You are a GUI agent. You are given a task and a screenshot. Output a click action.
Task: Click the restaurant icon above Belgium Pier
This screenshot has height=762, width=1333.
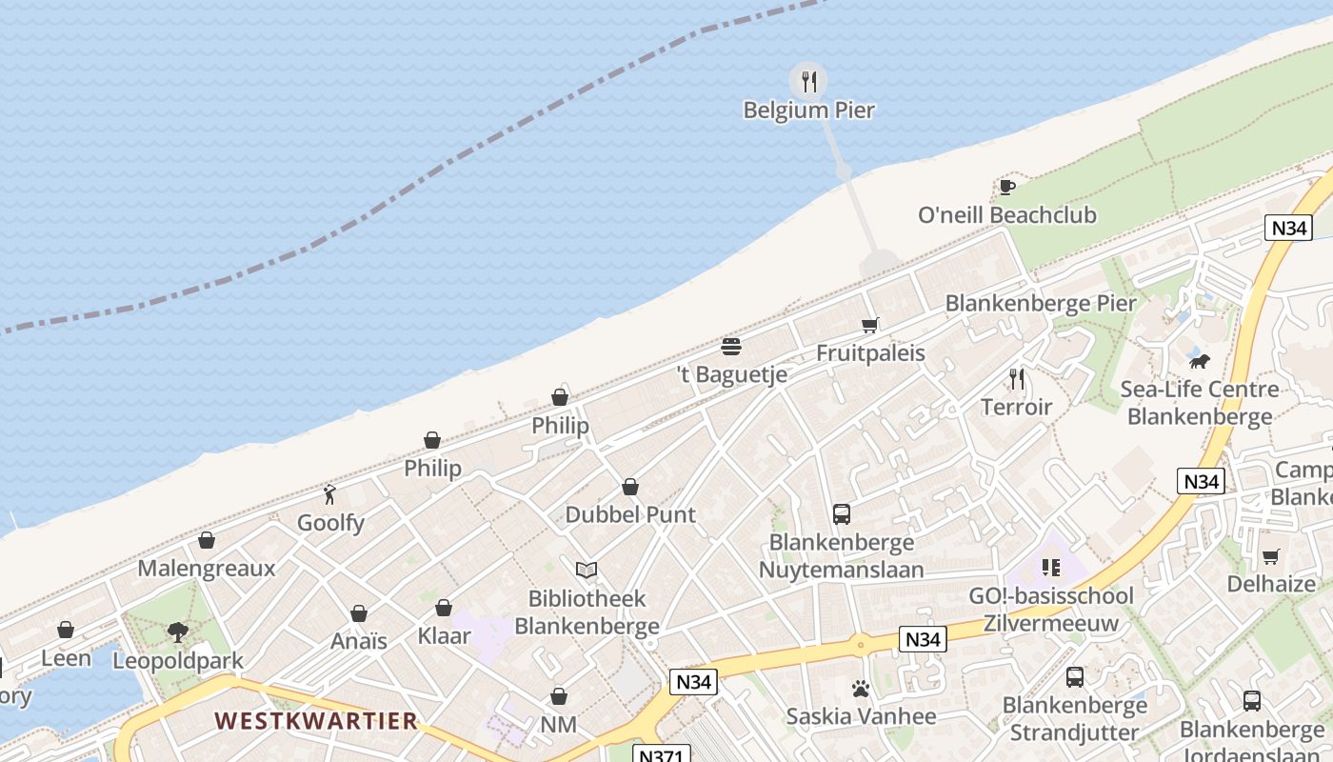click(x=809, y=81)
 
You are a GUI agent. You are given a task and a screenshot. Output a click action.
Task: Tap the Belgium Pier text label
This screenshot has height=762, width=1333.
click(x=808, y=110)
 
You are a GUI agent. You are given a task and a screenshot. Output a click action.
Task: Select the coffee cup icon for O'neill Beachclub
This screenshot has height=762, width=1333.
click(x=1006, y=187)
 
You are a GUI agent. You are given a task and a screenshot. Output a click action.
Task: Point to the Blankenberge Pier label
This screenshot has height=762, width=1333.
click(x=1040, y=304)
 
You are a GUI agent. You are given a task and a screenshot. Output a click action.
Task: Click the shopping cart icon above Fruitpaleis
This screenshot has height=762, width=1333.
click(x=869, y=325)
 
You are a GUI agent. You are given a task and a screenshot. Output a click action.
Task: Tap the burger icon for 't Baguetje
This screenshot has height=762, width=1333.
click(x=731, y=346)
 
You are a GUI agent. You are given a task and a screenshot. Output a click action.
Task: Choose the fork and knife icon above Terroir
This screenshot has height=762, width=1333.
click(x=1017, y=379)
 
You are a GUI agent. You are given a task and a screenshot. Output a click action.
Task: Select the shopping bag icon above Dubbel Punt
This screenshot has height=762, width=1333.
click(x=630, y=487)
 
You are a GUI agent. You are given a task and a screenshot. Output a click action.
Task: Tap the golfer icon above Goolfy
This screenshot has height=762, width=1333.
click(x=330, y=494)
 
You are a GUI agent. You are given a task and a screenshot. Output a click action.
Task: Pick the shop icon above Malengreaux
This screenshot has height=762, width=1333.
click(x=207, y=540)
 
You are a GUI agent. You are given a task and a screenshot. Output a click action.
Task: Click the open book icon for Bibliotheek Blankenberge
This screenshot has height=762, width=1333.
click(x=587, y=571)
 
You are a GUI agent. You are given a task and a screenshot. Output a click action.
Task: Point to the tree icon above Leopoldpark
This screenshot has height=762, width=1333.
click(x=177, y=632)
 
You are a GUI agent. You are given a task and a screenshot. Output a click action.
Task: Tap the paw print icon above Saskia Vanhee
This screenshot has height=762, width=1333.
click(x=861, y=688)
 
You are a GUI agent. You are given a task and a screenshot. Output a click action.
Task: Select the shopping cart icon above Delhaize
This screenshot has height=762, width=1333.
click(x=1270, y=556)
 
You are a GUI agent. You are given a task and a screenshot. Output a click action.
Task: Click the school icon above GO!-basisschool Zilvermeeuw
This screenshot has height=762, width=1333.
click(x=1051, y=568)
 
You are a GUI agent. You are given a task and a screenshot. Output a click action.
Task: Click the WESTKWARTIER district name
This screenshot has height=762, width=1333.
click(x=316, y=721)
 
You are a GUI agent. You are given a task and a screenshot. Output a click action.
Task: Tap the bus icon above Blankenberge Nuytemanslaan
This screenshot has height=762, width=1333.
click(x=842, y=514)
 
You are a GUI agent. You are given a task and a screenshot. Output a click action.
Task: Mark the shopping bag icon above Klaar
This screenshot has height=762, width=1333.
click(x=444, y=608)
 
